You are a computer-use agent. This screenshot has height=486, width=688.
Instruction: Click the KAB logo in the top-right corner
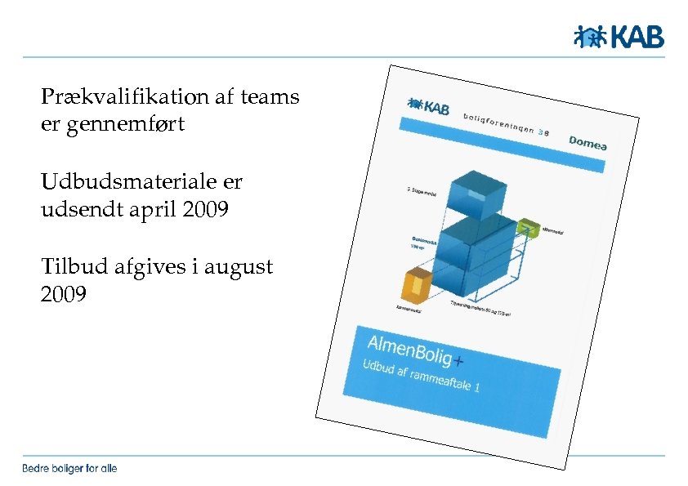(x=618, y=37)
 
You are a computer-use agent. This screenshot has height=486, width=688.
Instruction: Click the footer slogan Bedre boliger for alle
(x=69, y=468)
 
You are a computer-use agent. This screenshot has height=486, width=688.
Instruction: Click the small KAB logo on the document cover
(x=427, y=106)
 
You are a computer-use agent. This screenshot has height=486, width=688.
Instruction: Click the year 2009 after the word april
(x=208, y=210)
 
